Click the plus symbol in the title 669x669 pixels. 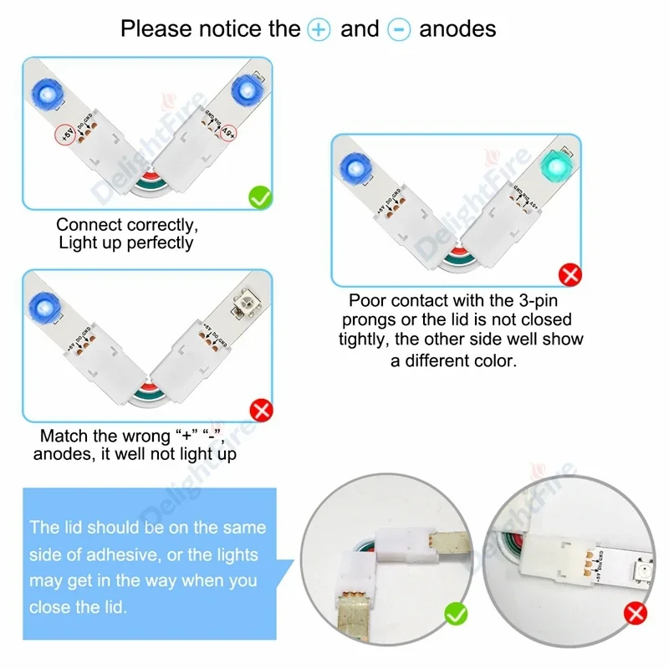[319, 29]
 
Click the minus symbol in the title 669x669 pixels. [399, 29]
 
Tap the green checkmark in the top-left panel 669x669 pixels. [260, 197]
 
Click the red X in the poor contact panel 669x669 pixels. [570, 274]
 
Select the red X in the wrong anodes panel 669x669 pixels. [260, 410]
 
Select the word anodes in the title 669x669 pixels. [457, 29]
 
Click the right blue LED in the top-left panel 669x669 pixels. [246, 88]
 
